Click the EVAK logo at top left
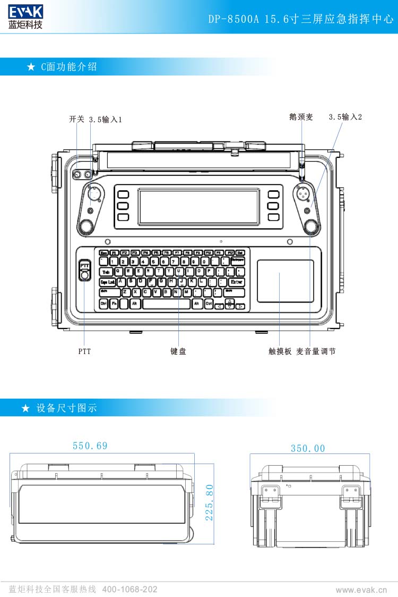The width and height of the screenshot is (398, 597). click(x=25, y=16)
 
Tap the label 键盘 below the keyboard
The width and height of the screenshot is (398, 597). click(x=178, y=351)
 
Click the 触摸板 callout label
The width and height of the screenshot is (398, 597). click(x=280, y=351)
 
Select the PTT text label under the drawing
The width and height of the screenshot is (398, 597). click(x=84, y=351)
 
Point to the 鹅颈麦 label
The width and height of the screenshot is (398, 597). click(x=301, y=117)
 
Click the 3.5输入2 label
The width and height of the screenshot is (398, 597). click(x=345, y=117)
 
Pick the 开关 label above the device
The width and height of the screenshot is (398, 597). click(x=76, y=120)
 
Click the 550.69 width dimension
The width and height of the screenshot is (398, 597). click(x=90, y=446)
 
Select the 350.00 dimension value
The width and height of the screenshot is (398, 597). click(x=308, y=449)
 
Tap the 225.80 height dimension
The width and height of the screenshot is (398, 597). click(x=209, y=502)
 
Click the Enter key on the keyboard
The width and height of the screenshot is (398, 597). click(x=237, y=282)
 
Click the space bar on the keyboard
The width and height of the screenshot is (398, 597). click(x=166, y=304)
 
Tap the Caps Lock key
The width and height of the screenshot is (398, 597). click(x=108, y=282)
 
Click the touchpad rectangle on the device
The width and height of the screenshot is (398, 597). click(x=285, y=281)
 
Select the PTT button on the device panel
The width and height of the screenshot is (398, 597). click(x=84, y=265)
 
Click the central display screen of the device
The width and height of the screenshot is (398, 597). click(x=199, y=207)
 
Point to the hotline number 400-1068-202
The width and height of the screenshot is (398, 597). click(x=129, y=590)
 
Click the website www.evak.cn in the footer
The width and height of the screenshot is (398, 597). click(x=361, y=590)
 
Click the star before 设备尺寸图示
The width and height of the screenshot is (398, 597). click(x=25, y=408)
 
